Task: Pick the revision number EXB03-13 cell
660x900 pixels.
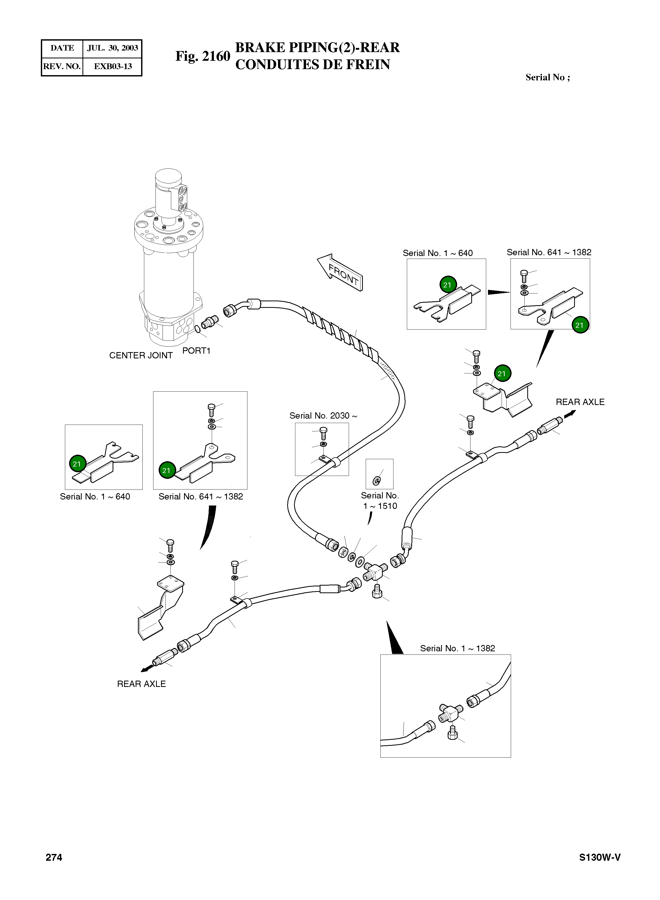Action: [113, 66]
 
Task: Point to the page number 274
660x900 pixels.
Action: [54, 858]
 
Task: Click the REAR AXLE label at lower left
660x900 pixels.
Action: [141, 684]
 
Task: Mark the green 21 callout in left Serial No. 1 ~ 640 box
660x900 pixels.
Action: [77, 464]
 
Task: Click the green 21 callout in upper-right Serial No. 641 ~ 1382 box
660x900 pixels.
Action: [579, 325]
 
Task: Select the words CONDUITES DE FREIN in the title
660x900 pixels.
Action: [312, 65]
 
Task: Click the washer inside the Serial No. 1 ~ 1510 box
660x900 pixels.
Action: [377, 481]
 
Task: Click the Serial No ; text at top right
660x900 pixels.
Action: [547, 77]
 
